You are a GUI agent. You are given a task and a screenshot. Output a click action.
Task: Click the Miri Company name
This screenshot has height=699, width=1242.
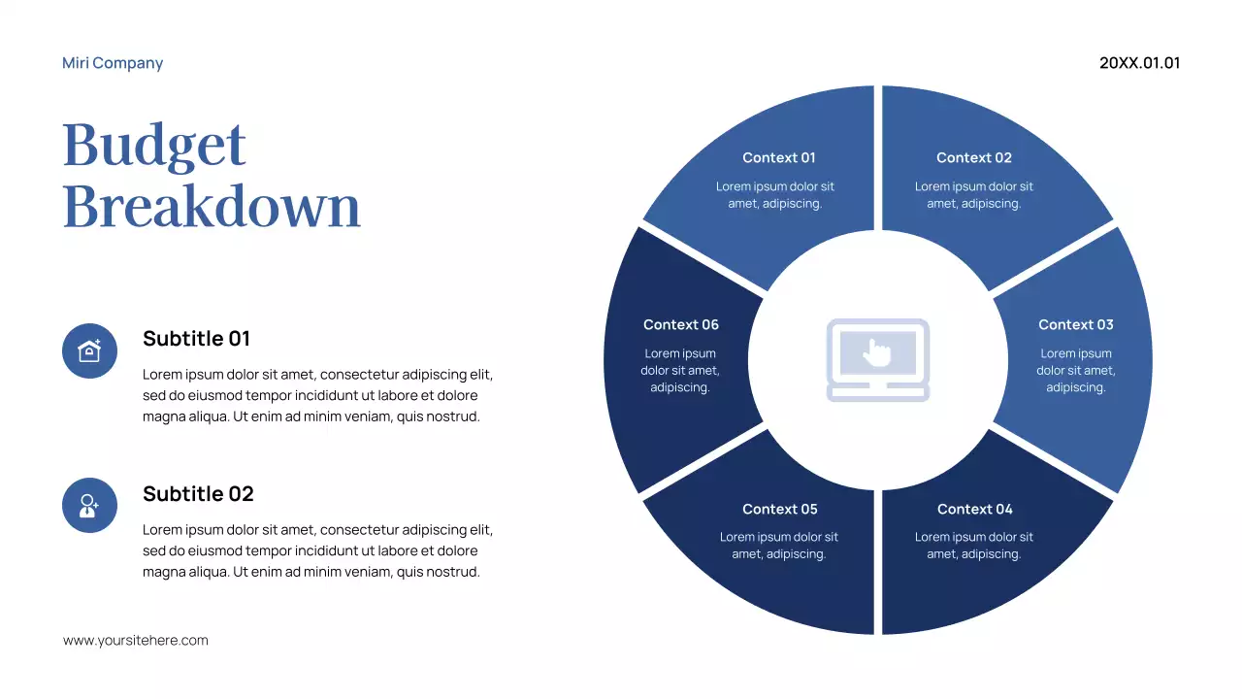click(x=113, y=63)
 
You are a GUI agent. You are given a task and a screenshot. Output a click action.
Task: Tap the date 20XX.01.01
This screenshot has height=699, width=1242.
click(x=1139, y=63)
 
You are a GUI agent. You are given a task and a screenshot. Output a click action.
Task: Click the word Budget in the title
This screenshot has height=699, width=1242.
click(x=154, y=146)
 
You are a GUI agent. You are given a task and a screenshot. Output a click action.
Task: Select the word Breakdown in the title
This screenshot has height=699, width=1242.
click(x=212, y=206)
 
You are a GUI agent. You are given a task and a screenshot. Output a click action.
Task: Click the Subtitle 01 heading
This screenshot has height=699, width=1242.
click(x=196, y=339)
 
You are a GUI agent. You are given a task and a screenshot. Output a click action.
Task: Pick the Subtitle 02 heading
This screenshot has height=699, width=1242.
click(x=198, y=494)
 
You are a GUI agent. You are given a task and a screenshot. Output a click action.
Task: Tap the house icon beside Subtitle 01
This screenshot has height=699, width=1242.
click(x=89, y=350)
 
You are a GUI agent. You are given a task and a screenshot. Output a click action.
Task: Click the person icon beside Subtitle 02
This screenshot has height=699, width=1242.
click(x=89, y=505)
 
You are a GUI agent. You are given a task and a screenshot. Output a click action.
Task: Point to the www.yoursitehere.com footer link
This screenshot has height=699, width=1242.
click(x=136, y=641)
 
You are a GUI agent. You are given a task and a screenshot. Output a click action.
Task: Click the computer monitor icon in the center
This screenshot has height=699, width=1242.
click(x=878, y=360)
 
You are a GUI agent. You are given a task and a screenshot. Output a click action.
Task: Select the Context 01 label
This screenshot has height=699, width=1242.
click(x=779, y=157)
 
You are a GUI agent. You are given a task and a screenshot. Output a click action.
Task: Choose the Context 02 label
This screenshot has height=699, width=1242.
click(x=974, y=157)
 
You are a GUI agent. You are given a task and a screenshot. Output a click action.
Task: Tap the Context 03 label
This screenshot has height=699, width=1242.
click(x=1075, y=324)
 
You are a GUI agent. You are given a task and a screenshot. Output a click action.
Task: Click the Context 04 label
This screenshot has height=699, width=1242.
click(x=974, y=509)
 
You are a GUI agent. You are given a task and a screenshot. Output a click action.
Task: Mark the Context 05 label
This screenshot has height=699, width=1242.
click(x=779, y=509)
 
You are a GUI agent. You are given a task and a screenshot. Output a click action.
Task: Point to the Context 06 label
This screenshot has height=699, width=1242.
click(x=680, y=324)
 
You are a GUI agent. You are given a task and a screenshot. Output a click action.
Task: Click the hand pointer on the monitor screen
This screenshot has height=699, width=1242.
click(x=878, y=351)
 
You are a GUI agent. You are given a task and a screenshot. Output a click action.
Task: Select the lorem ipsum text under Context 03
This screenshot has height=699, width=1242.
click(x=1075, y=371)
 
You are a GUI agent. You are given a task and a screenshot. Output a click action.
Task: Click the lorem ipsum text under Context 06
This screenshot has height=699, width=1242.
click(x=680, y=371)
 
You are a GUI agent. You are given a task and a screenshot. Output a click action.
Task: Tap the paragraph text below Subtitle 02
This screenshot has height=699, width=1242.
click(x=317, y=550)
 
